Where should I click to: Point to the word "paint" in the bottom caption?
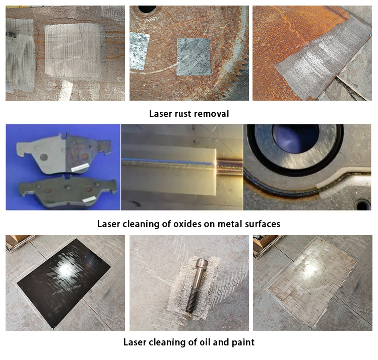[243, 342]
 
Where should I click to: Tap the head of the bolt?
[201, 263]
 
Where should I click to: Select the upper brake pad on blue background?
[64, 154]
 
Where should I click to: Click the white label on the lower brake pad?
[89, 199]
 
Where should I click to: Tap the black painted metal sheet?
[64, 282]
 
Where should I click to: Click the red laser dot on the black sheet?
[86, 257]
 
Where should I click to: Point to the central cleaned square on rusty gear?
[193, 57]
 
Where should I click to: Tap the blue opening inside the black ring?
[295, 139]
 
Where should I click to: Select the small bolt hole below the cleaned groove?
[362, 205]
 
